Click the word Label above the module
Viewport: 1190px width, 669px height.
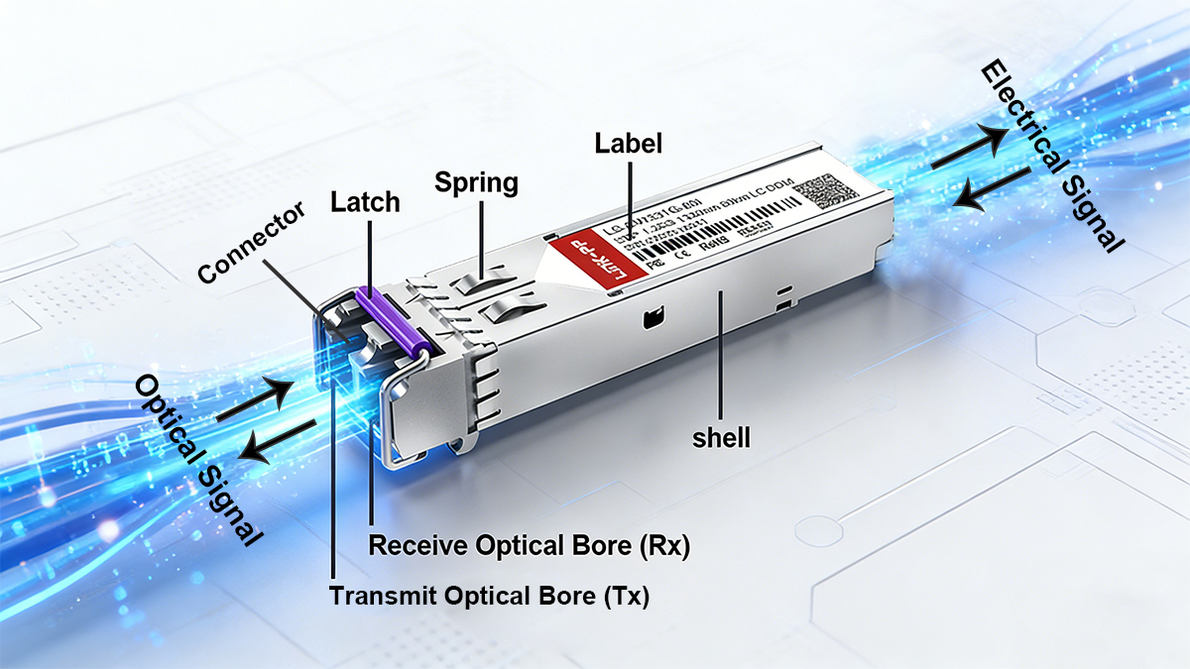coord(628,143)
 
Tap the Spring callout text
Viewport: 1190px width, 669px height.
coord(476,182)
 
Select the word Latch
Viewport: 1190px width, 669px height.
coord(365,202)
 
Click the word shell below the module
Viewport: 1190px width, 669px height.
coord(721,438)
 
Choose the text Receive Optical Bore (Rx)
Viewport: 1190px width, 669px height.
coord(529,545)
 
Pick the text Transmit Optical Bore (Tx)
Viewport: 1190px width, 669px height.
coord(489,597)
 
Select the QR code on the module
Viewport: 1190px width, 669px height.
coord(822,188)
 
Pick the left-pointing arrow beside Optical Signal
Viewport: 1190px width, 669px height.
coord(280,441)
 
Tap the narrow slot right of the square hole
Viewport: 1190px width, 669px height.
coord(782,292)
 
